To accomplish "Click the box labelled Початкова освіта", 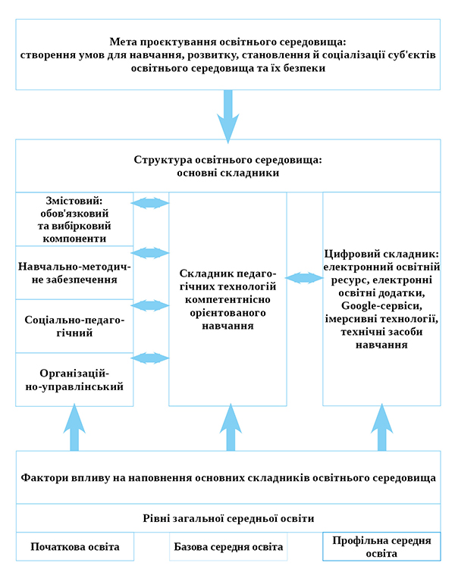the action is (x=75, y=546).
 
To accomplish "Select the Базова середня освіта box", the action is (x=228, y=546).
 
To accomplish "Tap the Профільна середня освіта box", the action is (x=381, y=546).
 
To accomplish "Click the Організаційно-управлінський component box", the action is (x=74, y=380).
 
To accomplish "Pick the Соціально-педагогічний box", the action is (x=74, y=326).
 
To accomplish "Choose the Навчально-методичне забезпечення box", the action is (x=74, y=273).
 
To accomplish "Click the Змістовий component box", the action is (x=74, y=219).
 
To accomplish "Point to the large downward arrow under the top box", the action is (x=227, y=116).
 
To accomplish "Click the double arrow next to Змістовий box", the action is (x=150, y=203).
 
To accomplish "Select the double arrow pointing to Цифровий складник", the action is (x=304, y=277).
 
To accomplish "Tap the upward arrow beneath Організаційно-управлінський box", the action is (x=74, y=427).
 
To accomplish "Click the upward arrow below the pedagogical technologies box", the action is (x=231, y=427).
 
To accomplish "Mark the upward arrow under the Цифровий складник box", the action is (x=381, y=427).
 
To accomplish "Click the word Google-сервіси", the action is (x=381, y=306).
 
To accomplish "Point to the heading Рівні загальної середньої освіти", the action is (x=228, y=518).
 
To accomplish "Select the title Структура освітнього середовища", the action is (x=227, y=160).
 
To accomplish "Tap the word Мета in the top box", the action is (x=121, y=42).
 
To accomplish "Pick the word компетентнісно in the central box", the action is (x=227, y=299).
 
